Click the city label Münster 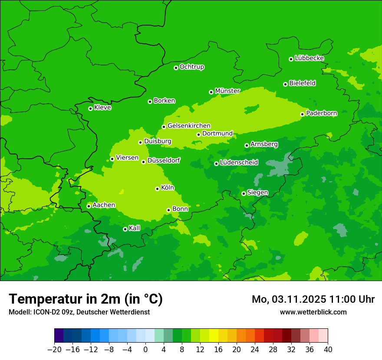(227, 91)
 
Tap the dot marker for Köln (157, 189)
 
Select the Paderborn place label (321, 114)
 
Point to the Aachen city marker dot (89, 206)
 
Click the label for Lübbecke (309, 58)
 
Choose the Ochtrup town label (191, 67)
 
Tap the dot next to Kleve (90, 108)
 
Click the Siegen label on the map (257, 193)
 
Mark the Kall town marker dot (125, 229)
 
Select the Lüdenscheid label (239, 163)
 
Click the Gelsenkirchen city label (189, 126)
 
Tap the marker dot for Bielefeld (285, 84)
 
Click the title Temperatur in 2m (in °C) (86, 299)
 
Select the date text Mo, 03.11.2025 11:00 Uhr (313, 299)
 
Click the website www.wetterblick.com (313, 312)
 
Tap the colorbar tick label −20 (54, 350)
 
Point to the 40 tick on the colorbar (328, 350)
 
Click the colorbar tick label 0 (145, 350)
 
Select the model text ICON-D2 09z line (79, 312)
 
